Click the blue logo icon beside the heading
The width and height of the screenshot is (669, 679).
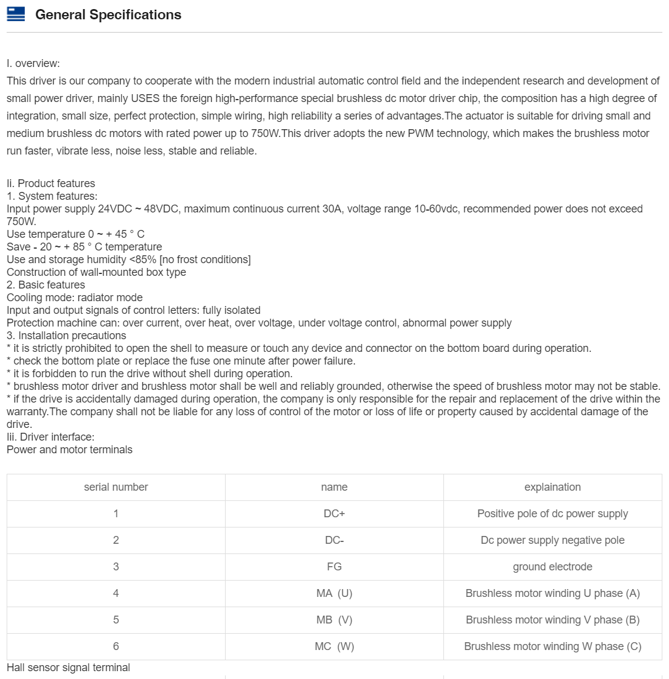[x=16, y=14]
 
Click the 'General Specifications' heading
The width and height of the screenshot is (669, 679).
[x=108, y=15]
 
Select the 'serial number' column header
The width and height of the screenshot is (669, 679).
[x=116, y=487]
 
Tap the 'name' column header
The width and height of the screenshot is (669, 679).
[x=334, y=487]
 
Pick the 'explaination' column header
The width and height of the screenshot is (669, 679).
[x=553, y=487]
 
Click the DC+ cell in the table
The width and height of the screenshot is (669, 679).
[x=334, y=514]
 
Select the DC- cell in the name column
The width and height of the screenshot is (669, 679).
[x=334, y=540]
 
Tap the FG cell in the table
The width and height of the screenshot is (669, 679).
[x=334, y=567]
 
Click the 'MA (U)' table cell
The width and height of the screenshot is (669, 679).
[x=334, y=593]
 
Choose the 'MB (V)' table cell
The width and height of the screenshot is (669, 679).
[x=334, y=620]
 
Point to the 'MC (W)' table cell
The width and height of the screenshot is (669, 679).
[x=334, y=646]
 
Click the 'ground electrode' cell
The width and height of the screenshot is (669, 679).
[x=553, y=567]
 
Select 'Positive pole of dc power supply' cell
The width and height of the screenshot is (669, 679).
[x=553, y=514]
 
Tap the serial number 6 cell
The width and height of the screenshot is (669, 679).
[x=116, y=646]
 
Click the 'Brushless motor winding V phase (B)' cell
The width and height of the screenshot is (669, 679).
[x=553, y=620]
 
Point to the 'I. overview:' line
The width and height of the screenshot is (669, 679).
[x=33, y=63]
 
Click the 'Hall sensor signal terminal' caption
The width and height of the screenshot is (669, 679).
[x=68, y=668]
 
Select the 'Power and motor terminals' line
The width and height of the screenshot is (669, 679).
[x=69, y=450]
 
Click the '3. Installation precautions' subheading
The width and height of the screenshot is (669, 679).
[x=66, y=336]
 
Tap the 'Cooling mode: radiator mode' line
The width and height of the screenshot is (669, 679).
[x=75, y=298]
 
